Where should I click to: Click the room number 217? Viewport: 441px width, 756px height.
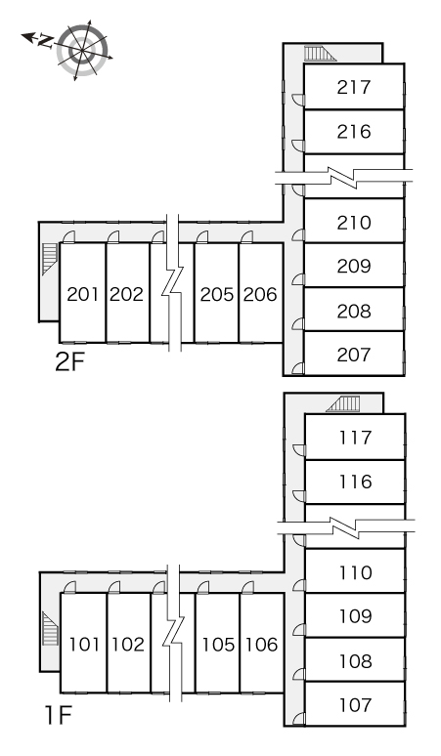pos(354,87)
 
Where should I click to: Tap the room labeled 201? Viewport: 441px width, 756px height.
pos(82,294)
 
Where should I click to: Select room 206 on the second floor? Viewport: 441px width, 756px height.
pos(260,294)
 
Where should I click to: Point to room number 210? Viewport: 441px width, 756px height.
pos(354,223)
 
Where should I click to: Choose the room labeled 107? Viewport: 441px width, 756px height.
pos(355,705)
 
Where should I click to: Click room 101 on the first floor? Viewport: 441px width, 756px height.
pos(84,645)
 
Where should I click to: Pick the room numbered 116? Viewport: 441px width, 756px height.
pos(355,482)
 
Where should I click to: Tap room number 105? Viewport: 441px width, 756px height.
pos(218,645)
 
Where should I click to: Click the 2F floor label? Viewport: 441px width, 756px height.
pos(70,362)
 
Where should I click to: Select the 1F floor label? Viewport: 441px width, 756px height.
pos(58,716)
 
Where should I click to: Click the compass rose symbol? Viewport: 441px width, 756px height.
pos(82,50)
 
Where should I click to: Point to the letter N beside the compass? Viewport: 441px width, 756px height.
pos(45,41)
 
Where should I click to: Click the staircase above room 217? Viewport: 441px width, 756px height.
pos(320,54)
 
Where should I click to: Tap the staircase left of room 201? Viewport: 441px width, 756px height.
pos(49,260)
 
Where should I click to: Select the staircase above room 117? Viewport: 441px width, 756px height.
pos(343,404)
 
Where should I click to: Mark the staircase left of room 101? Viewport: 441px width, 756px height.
pos(50,629)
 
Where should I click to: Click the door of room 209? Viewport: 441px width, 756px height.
pos(298,280)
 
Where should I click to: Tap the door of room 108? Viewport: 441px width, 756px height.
pos(299,674)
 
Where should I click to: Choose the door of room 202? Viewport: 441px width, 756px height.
pos(113,236)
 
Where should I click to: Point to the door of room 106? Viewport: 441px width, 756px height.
pos(247,587)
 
